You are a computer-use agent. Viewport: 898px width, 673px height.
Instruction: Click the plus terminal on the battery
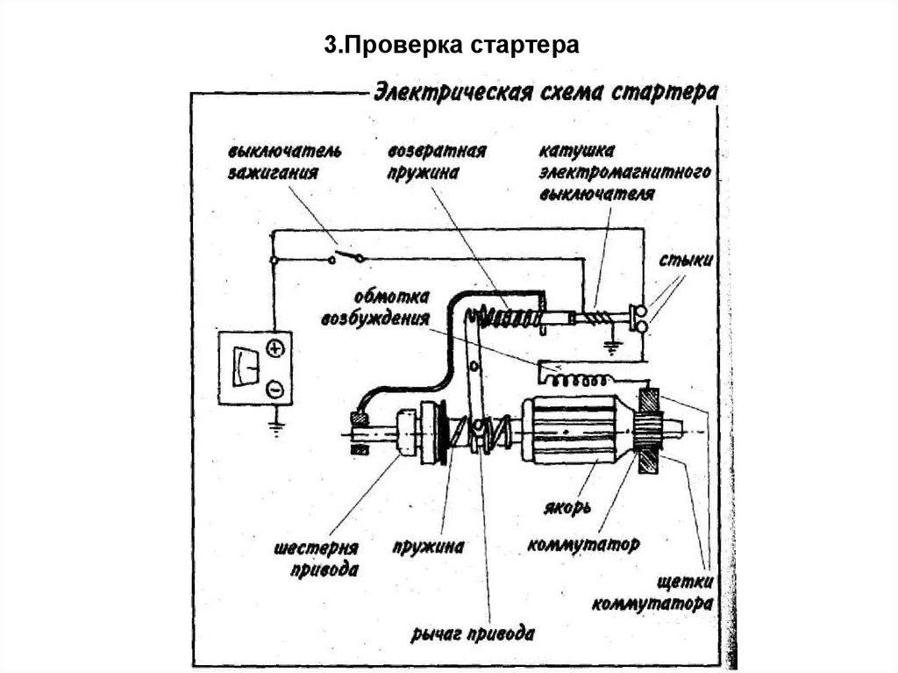pos(275,349)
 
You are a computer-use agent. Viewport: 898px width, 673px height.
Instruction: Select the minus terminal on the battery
pos(275,387)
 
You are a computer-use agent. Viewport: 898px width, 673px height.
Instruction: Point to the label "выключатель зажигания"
pos(270,161)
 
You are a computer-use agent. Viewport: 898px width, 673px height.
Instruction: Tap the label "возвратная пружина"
pos(437,161)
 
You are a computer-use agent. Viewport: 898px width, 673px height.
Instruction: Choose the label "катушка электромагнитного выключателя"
pos(624,172)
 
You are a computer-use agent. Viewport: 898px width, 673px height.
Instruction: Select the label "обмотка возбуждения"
pos(388,304)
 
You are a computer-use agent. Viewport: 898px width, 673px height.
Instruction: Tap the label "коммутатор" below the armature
pos(582,544)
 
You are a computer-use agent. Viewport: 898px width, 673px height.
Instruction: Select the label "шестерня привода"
pos(317,559)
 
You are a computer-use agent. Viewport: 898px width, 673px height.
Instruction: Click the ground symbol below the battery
pos(275,429)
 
